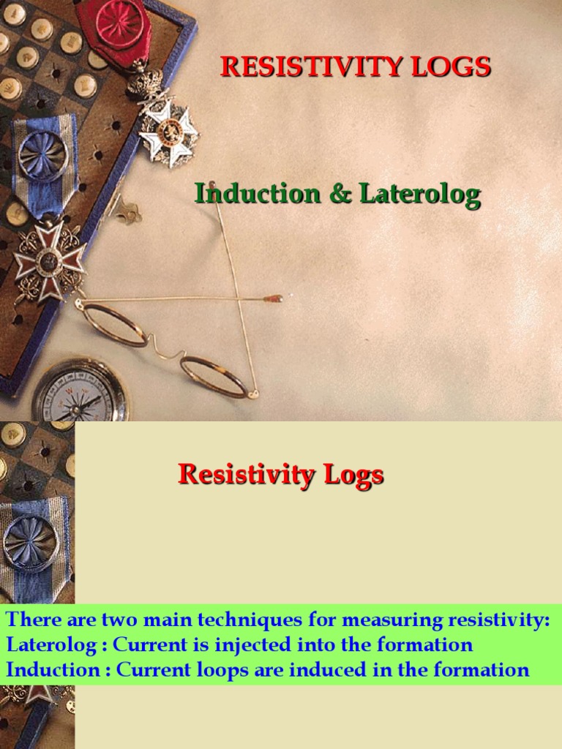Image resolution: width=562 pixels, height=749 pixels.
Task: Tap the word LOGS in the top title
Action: [451, 67]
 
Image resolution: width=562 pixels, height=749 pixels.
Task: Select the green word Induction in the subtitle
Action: [257, 195]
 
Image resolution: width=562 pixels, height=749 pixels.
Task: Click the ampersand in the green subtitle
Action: [340, 195]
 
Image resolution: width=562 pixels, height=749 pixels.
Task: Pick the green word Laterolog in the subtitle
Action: [419, 195]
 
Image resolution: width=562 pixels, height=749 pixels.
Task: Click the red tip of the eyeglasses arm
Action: [274, 298]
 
